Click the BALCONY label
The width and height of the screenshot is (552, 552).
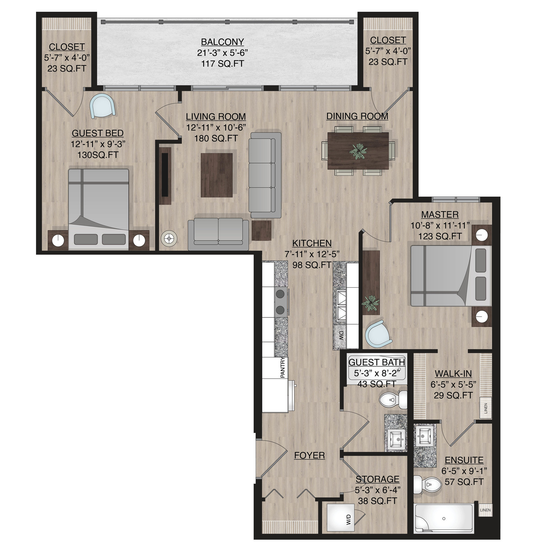222,42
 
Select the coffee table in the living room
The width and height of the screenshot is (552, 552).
217,175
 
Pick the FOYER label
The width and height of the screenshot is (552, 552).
309,455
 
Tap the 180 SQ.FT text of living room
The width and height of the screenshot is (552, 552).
216,139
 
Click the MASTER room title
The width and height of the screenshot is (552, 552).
440,214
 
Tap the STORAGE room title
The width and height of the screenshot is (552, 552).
377,479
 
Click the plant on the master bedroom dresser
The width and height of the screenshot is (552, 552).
371,302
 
